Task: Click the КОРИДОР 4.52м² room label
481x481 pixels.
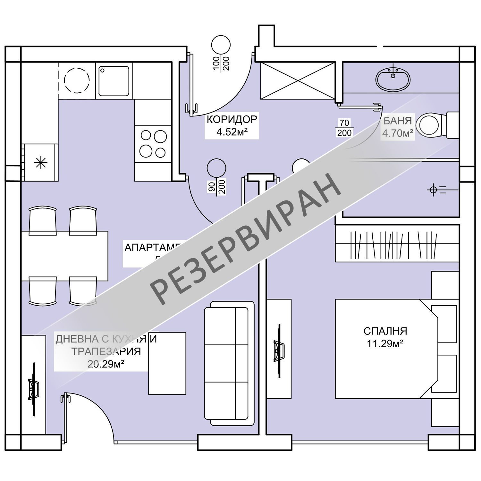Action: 232,126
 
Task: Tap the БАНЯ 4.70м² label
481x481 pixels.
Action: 397,127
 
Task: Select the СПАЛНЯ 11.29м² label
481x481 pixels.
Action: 385,337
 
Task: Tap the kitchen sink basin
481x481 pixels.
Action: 114,81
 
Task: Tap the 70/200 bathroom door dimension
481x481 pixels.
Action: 344,128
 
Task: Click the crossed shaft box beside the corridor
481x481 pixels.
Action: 298,80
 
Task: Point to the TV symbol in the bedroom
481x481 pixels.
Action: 279,349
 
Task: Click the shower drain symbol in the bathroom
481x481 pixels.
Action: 433,190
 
